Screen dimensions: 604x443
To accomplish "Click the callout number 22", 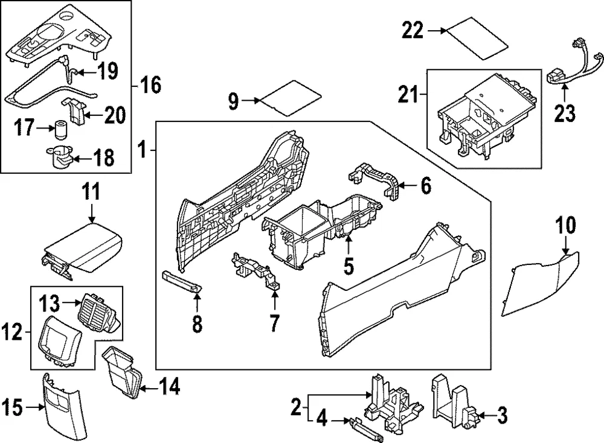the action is pos(413,30).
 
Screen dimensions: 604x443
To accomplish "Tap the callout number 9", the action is pos(233,101).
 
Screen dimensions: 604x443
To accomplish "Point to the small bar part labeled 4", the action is pos(367,429).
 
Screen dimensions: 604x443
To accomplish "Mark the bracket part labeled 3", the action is pos(455,402).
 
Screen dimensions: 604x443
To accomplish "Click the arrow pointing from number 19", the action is pos(85,72).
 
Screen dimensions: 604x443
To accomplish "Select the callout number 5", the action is pos(349,267).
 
